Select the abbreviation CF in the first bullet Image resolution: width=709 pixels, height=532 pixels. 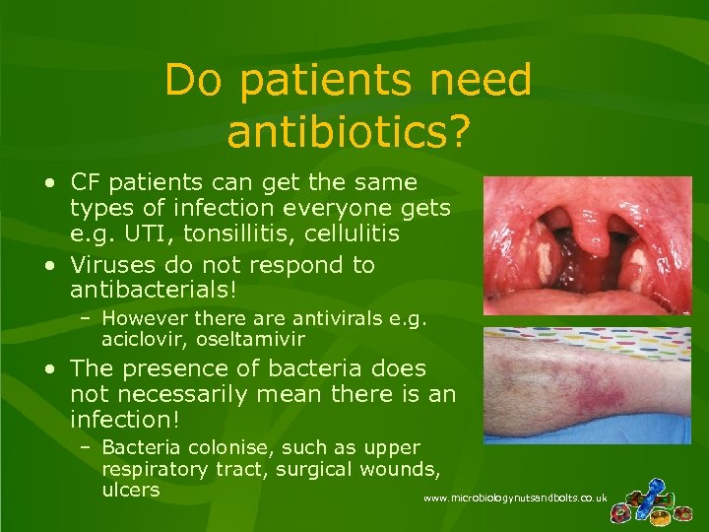[86, 183]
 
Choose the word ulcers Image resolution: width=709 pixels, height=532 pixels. [130, 490]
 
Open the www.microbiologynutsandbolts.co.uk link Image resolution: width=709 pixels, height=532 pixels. [515, 499]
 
